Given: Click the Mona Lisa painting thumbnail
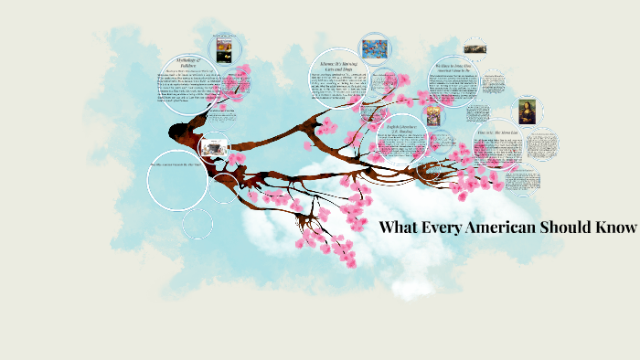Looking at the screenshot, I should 527,111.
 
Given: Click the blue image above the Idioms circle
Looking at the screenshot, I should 374,47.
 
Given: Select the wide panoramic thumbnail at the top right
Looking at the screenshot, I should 475,45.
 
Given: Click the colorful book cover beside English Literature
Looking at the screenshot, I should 434,116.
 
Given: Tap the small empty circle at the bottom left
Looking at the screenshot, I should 197,223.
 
